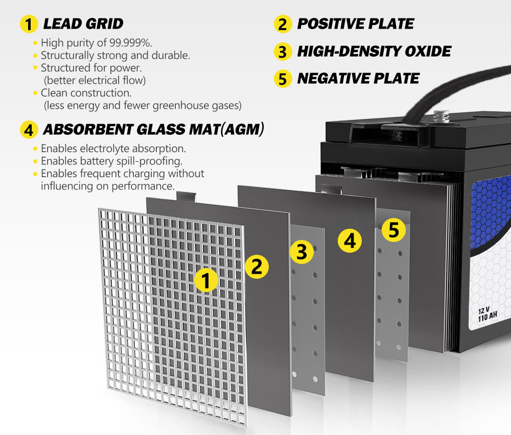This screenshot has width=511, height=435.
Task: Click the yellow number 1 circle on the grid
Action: (206, 280)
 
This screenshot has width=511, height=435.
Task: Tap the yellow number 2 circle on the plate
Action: (257, 267)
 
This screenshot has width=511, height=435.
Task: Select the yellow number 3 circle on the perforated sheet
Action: (301, 252)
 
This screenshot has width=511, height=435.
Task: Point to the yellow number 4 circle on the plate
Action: (350, 240)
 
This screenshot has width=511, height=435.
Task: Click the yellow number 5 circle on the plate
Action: (393, 230)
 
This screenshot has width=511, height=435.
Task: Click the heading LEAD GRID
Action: (83, 23)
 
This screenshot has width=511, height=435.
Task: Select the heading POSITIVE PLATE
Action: (356, 23)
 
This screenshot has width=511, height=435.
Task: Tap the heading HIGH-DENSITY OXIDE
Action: (374, 51)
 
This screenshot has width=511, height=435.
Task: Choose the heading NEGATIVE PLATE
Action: (358, 78)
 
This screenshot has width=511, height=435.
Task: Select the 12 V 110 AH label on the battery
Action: (487, 313)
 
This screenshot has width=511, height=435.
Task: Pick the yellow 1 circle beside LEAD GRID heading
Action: (29, 24)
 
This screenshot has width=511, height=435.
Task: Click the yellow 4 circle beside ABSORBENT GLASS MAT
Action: (29, 130)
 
